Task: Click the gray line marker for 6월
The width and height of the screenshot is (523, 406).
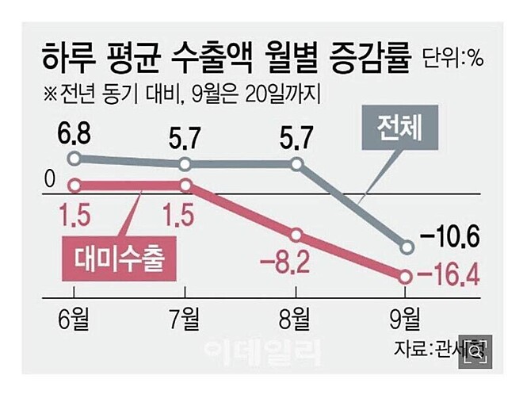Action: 74,159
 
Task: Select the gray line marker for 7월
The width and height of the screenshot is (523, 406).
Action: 185,164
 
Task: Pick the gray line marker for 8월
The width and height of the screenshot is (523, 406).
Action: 297,164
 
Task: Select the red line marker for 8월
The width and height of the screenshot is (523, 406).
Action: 297,236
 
